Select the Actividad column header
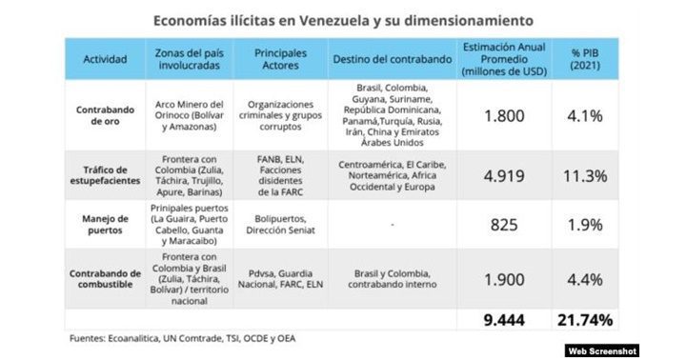(105, 59)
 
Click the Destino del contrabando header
(392, 59)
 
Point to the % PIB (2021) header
(585, 59)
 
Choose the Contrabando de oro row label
(105, 115)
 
